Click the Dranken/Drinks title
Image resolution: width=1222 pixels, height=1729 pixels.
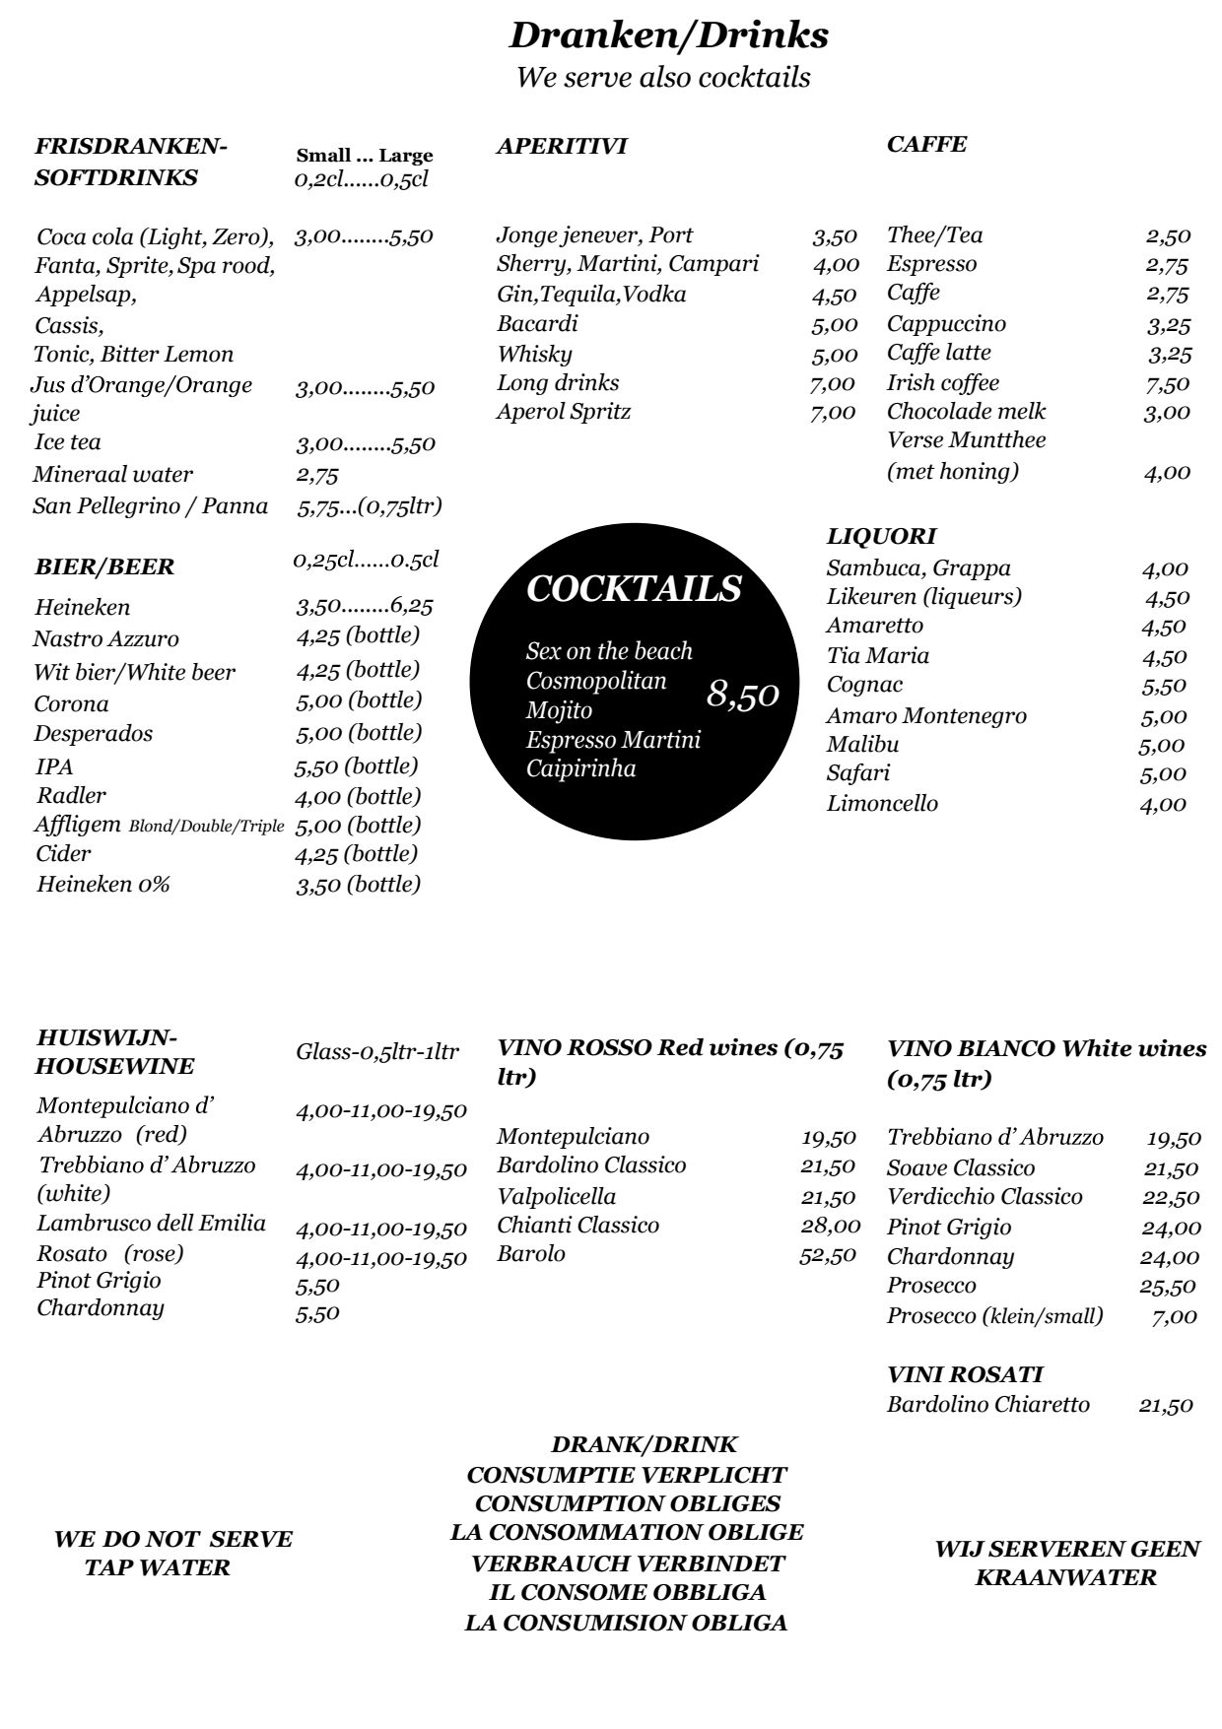coord(668,36)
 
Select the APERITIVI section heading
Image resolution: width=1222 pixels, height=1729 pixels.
coord(562,147)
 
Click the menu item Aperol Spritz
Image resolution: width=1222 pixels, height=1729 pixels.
coord(563,412)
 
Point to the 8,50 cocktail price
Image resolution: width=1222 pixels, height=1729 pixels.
coord(743,695)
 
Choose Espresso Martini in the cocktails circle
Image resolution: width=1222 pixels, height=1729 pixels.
coord(613,740)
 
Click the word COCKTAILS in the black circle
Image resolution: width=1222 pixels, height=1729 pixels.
coord(634,588)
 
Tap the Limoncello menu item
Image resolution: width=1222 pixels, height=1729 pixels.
coord(882,804)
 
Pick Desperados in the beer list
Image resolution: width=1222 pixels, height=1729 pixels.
coord(94,734)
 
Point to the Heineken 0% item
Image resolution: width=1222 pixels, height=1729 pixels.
coord(103,885)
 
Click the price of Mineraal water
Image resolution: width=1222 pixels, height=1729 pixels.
coord(317,475)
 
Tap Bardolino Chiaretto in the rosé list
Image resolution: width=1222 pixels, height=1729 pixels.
coord(987,1405)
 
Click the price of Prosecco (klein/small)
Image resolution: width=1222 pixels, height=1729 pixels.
coord(1174,1316)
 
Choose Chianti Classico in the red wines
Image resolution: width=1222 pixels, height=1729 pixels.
coord(577,1226)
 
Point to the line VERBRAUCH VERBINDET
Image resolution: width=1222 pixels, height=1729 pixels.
coord(628,1563)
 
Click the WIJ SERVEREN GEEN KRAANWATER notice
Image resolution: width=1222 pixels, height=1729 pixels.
coord(1066,1563)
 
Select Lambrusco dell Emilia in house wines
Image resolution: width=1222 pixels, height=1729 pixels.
coord(152,1224)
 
